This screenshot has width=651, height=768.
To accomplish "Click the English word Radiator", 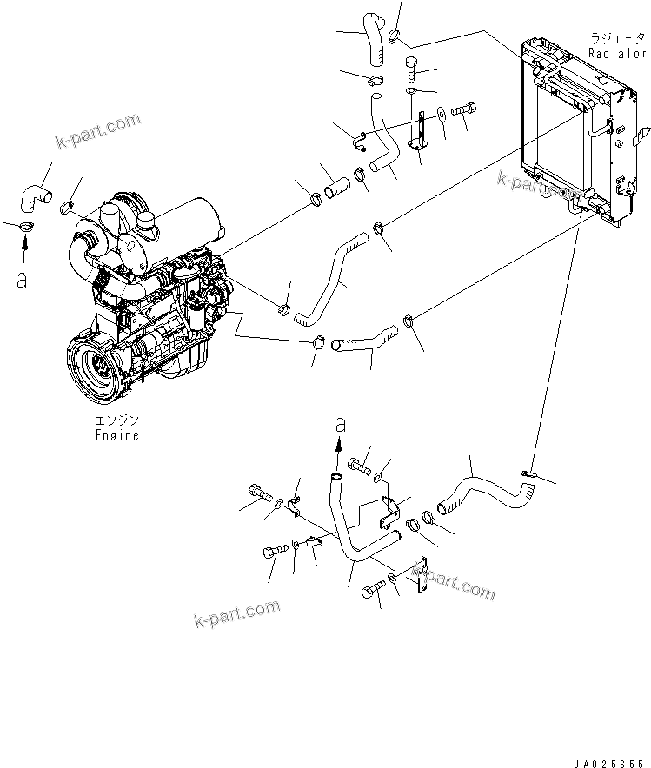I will click(x=616, y=53).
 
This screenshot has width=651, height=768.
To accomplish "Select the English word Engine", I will click(x=116, y=435).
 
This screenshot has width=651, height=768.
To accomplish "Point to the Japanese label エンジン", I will click(x=116, y=420).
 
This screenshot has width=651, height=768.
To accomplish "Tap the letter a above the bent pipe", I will click(x=341, y=425).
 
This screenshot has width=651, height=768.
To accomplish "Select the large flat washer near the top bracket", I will click(x=442, y=111).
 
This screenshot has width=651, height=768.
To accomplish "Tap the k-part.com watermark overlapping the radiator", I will click(x=540, y=185).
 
